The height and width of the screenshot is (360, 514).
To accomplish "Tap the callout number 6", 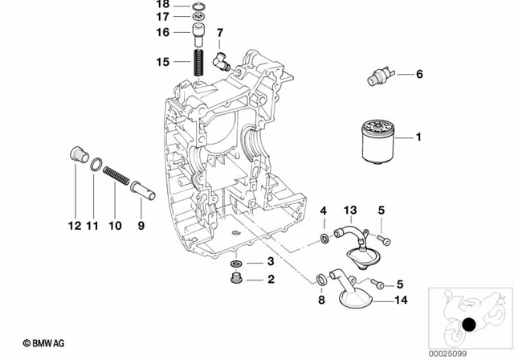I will [x=418, y=76].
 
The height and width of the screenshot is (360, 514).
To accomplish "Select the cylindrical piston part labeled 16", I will [x=196, y=34].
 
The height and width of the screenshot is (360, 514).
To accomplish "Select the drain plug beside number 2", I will [x=236, y=280].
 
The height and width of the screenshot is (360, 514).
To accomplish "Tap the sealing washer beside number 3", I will [x=236, y=264].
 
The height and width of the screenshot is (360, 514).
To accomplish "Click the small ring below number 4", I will [x=323, y=238].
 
